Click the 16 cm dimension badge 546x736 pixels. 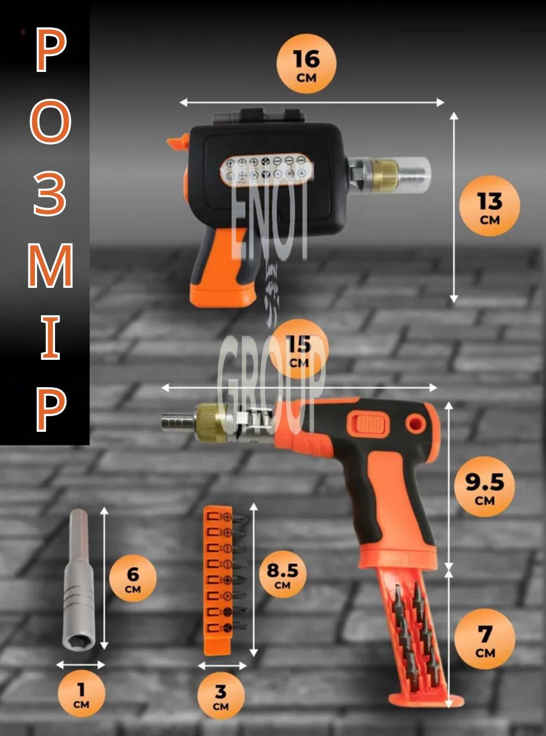click(306, 64)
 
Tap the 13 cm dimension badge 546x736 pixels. click(490, 206)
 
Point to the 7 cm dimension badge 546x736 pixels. click(484, 639)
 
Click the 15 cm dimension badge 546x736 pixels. click(299, 349)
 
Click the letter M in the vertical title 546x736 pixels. click(50, 266)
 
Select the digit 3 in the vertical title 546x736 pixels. click(50, 194)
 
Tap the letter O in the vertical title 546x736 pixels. click(51, 123)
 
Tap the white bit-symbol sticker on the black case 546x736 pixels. click(266, 169)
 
